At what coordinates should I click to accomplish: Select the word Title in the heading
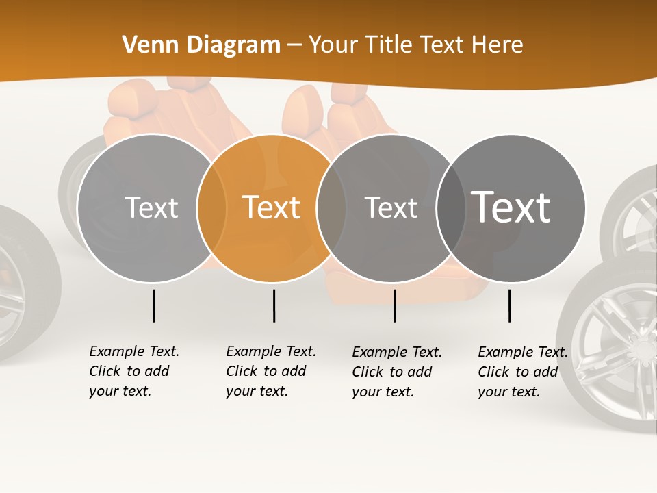coord(389,45)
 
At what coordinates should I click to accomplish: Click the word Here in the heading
coord(497,45)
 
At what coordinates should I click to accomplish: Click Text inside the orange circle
coord(272,207)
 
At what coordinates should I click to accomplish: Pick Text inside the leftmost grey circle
coord(151,207)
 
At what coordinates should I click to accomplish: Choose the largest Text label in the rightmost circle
coord(511,207)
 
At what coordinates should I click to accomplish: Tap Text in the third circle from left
coord(391,207)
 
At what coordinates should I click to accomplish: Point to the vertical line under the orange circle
coord(274,305)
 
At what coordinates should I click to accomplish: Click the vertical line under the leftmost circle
coord(153,305)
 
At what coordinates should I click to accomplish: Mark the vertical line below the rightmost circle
coord(509,305)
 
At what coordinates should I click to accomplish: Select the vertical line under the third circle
coord(394,305)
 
